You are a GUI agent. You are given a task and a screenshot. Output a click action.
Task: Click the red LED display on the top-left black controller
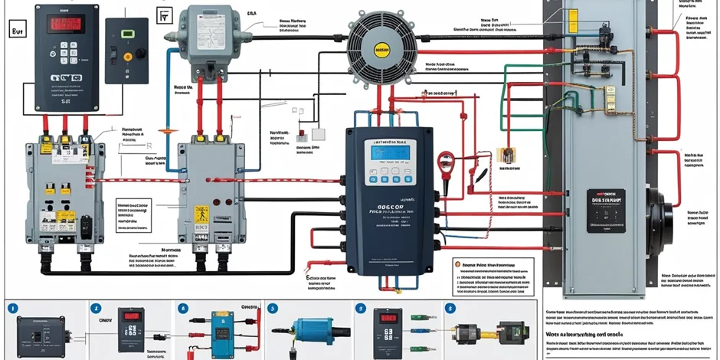[64, 25]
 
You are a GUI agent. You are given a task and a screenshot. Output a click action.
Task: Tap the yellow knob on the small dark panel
[142, 56]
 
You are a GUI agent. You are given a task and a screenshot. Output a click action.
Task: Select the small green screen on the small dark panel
[128, 34]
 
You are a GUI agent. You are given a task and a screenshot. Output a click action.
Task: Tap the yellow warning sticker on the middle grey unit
[201, 214]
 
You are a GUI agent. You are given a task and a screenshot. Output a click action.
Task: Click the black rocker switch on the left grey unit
[86, 224]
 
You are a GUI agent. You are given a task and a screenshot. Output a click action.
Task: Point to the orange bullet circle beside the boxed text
[457, 265]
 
